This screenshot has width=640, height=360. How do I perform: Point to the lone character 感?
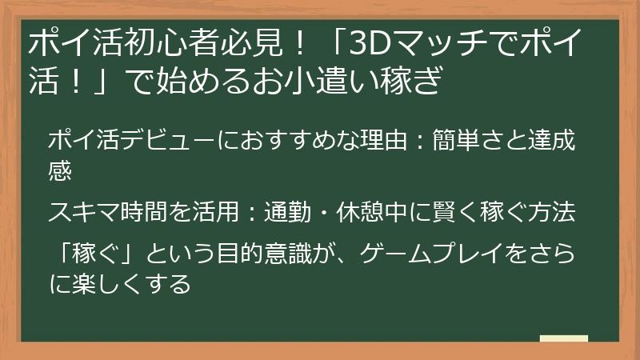click(x=60, y=170)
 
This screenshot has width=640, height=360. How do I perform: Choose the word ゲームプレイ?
click(x=432, y=254)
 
